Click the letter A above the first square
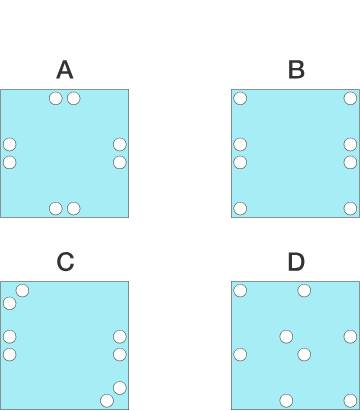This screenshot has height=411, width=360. (x=65, y=70)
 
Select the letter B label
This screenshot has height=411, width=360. (x=296, y=70)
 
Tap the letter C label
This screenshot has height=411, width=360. (x=65, y=262)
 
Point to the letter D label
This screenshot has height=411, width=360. (x=296, y=262)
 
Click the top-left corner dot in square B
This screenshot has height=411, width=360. (x=240, y=98)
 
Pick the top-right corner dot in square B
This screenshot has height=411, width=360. (x=350, y=98)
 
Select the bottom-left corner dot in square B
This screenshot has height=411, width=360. (x=240, y=208)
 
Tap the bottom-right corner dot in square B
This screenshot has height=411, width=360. (x=350, y=208)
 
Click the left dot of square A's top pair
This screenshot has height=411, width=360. (x=56, y=98)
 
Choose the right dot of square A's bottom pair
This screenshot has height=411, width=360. (x=74, y=208)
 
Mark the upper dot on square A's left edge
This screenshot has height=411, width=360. (x=10, y=144)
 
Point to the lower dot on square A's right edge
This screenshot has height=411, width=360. (x=120, y=162)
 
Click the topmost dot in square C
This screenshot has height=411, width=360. (x=22, y=291)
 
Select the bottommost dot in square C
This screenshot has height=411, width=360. (x=107, y=401)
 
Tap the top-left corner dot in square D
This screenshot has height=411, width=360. (x=240, y=291)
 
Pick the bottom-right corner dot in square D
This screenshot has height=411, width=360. (x=350, y=400)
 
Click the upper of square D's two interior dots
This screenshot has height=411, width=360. (x=286, y=336)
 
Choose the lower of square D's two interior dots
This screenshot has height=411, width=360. (x=304, y=354)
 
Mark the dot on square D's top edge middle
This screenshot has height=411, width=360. (x=304, y=291)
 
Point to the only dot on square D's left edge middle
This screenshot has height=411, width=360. (x=240, y=354)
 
